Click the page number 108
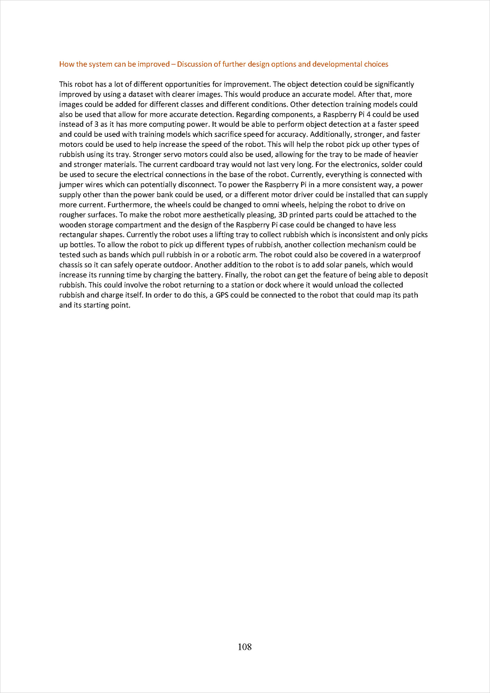click(245, 647)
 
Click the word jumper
click(71, 185)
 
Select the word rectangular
click(78, 235)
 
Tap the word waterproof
click(401, 255)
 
